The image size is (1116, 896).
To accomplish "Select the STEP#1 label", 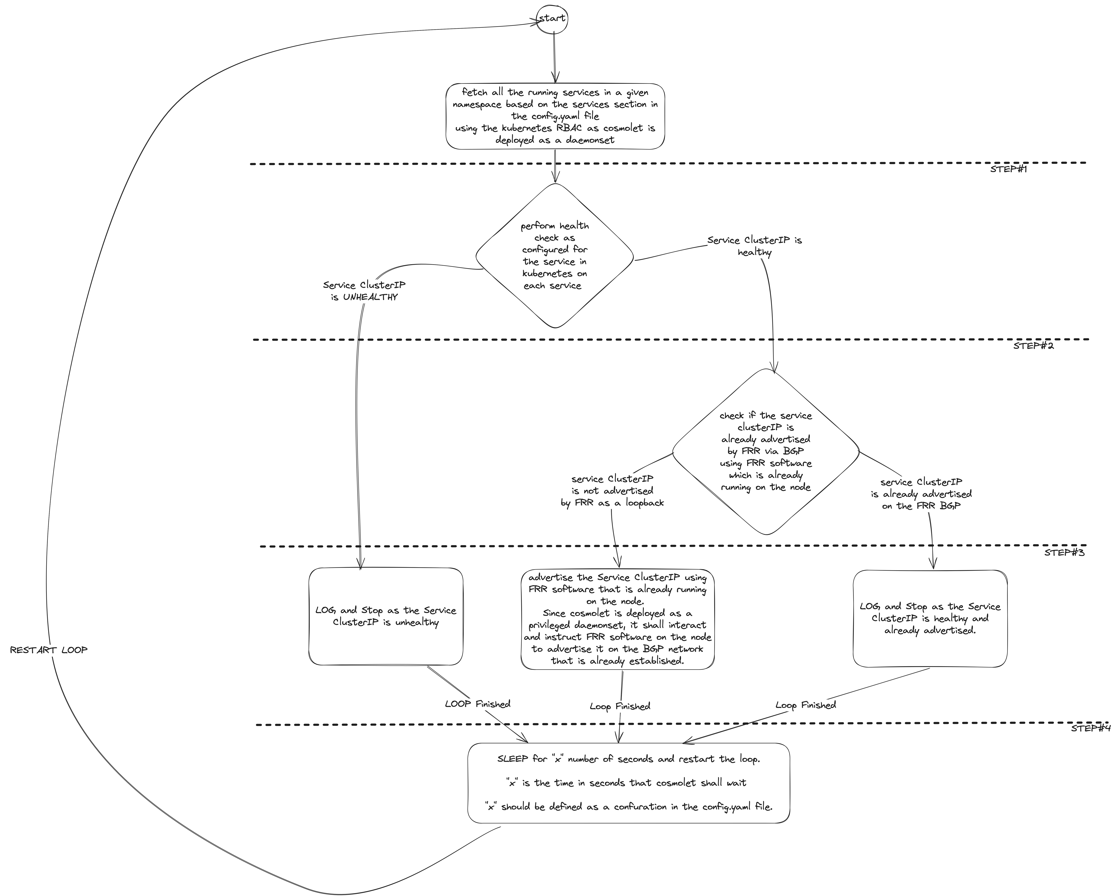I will click(x=1008, y=169).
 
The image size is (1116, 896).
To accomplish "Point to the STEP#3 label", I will click(x=1064, y=552).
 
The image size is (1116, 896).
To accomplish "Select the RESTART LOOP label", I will click(x=49, y=650).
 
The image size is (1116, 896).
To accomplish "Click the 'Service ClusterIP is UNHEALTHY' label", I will click(x=364, y=291).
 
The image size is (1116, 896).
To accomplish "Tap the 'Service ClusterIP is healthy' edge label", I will click(x=754, y=246).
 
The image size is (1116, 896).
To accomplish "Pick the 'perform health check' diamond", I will click(x=554, y=256).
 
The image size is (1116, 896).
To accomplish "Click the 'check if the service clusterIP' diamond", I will click(x=766, y=451).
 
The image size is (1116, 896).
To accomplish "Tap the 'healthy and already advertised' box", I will click(x=930, y=619).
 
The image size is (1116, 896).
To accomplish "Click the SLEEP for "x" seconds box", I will click(x=628, y=783).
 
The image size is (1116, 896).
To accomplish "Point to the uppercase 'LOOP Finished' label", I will click(x=477, y=704).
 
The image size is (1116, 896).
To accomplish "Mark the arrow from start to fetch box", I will click(x=554, y=57).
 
